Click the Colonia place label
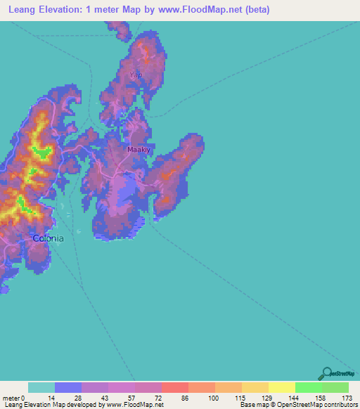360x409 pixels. coord(49,238)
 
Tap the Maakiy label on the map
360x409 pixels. coord(139,150)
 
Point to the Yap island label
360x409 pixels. coord(136,74)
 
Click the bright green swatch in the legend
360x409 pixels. coord(308,387)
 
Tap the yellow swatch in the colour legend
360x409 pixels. coord(281,387)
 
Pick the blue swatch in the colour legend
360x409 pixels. coord(68,387)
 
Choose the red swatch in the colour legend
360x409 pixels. coord(175,387)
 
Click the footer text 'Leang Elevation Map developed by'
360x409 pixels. coord(50,405)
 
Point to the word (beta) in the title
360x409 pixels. coord(255,10)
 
